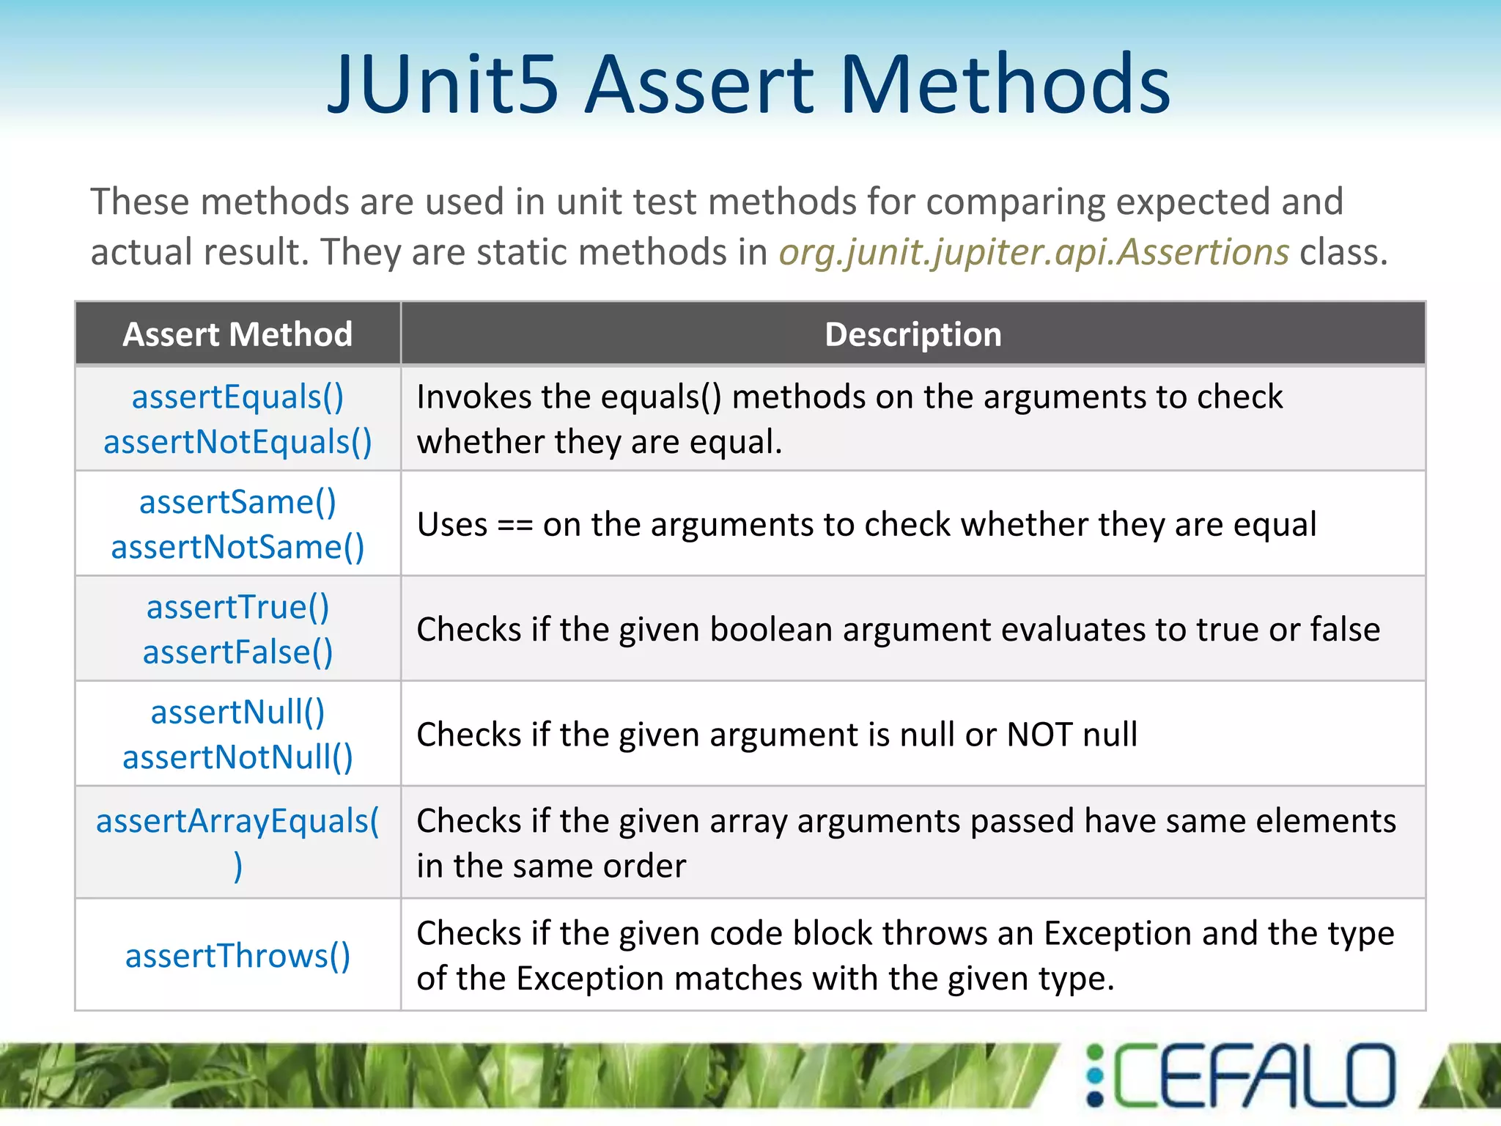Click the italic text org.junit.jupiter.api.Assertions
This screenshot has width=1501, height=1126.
tap(1033, 253)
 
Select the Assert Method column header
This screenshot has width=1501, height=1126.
tap(237, 334)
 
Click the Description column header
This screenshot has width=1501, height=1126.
tap(912, 334)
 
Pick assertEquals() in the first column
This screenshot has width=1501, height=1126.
tap(237, 397)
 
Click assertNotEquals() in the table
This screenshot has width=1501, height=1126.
tap(237, 442)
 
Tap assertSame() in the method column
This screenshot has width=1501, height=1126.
tap(237, 502)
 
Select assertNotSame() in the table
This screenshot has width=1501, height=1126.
tap(237, 548)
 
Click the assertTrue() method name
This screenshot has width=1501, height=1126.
tap(237, 607)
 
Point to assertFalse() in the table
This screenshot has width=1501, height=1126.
tap(237, 652)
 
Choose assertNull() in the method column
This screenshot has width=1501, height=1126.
tap(237, 712)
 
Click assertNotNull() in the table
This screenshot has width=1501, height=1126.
tap(237, 757)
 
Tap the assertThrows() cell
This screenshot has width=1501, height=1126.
tap(237, 956)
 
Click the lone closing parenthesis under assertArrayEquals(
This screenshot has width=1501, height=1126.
tap(237, 866)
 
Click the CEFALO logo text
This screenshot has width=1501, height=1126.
tap(1255, 1075)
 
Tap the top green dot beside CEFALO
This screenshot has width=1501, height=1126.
tap(1095, 1053)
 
